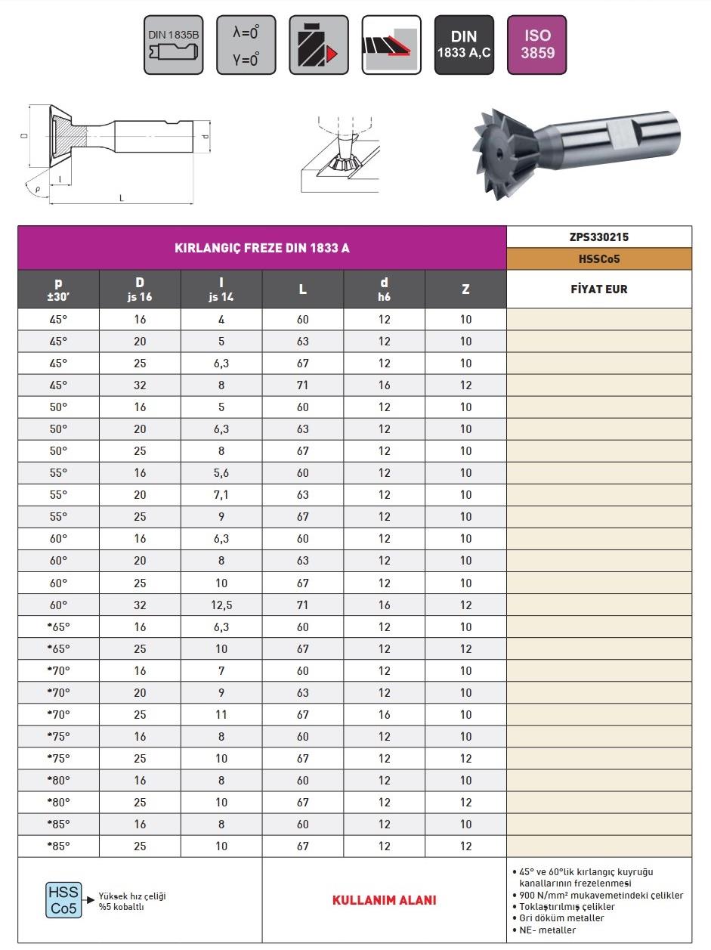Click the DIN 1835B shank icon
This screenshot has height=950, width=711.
coord(173,45)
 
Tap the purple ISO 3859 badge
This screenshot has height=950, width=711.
coord(536,45)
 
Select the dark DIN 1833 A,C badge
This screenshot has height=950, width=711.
coord(464,45)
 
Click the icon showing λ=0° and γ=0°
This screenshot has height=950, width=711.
coord(246,45)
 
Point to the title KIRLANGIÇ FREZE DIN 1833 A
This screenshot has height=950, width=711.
coord(262,248)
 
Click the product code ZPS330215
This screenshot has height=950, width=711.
coord(599,237)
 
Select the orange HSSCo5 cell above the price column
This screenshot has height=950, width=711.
coord(599,258)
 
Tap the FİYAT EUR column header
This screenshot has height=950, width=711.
coord(599,289)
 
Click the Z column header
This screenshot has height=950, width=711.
coord(465,289)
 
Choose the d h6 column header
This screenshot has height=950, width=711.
coord(385,289)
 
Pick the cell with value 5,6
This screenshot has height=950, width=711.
coord(221,473)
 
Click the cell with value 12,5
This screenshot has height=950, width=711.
coord(221,605)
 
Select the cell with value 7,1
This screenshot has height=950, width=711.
coord(221,495)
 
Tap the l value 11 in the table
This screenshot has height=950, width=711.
coord(221,714)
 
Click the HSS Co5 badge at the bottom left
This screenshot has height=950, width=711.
coord(63,900)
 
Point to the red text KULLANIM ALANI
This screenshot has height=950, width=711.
coord(384,900)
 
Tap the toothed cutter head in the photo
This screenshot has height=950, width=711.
coord(499,152)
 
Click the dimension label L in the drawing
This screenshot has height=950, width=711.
coord(122,198)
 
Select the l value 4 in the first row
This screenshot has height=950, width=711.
coord(221,320)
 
